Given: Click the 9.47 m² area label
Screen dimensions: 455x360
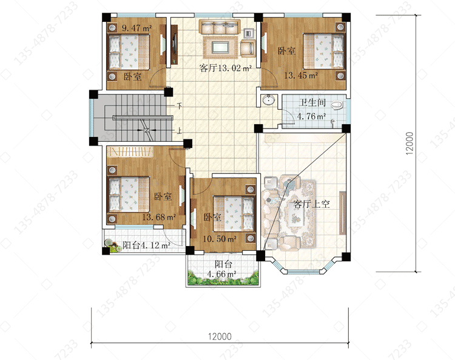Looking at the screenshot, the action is click(136, 28).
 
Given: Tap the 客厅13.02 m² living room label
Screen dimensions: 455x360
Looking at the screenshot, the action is click(226, 68).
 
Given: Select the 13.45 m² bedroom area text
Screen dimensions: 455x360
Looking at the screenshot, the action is click(301, 75).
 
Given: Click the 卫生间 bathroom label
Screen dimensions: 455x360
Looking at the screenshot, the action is click(312, 102).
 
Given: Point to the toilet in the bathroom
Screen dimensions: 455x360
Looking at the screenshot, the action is click(337, 105).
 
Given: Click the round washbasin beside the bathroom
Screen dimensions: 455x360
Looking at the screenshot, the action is click(269, 100).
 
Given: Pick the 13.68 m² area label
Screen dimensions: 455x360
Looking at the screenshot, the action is click(159, 217).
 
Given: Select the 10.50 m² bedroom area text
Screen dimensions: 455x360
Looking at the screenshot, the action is click(220, 239).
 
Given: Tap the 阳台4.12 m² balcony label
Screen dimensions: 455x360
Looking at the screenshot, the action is click(146, 245).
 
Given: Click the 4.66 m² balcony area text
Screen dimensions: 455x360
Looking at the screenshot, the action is click(221, 273).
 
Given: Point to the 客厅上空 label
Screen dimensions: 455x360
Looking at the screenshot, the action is click(312, 204).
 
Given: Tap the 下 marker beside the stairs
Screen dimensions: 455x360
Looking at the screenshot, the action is click(180, 106).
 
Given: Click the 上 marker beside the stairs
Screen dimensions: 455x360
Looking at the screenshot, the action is click(180, 131).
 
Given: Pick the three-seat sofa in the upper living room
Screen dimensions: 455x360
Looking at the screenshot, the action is click(220, 27).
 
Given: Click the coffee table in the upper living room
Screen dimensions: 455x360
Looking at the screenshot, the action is click(221, 47).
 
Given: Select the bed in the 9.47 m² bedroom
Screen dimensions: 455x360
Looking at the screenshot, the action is click(129, 52).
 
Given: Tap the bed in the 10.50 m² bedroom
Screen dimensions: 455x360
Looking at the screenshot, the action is click(234, 214).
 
